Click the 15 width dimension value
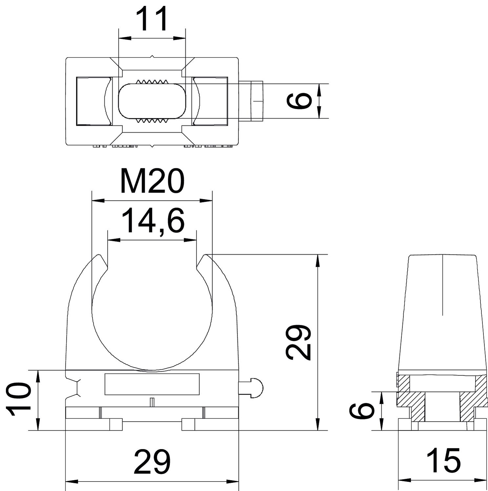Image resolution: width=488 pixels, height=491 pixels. coord(444,460)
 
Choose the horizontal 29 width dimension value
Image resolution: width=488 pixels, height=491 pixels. coord(152,462)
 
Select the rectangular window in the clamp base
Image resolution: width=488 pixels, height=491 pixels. coord(152,384)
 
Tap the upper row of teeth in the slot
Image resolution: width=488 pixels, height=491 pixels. coord(152,82)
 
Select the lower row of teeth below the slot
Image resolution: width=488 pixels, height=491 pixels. coord(152,121)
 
